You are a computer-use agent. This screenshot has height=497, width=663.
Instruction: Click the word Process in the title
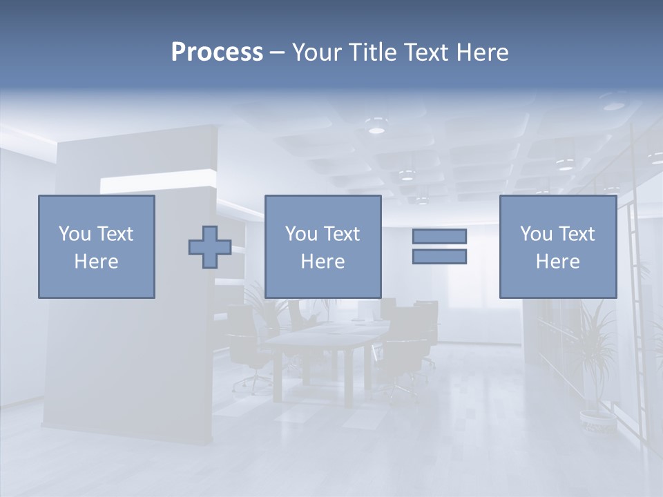pyautogui.click(x=217, y=52)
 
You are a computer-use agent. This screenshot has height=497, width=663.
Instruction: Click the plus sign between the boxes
pyautogui.click(x=210, y=247)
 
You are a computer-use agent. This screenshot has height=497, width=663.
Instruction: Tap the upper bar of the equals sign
pyautogui.click(x=439, y=236)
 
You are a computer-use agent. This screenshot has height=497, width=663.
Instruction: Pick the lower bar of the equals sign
pyautogui.click(x=439, y=257)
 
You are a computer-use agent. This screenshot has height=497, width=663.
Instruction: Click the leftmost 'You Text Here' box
pyautogui.click(x=97, y=247)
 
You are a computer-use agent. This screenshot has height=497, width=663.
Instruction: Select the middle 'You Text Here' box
pyautogui.click(x=323, y=247)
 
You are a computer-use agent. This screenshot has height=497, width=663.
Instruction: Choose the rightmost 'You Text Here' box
pyautogui.click(x=557, y=247)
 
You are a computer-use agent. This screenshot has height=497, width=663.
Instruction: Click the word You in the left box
pyautogui.click(x=73, y=234)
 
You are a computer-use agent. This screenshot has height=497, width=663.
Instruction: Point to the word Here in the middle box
pyautogui.click(x=323, y=262)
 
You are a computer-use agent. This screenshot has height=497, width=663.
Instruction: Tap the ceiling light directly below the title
pyautogui.click(x=376, y=128)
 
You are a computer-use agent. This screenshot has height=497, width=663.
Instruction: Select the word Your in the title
pyautogui.click(x=316, y=52)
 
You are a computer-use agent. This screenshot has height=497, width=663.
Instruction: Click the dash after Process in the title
pyautogui.click(x=278, y=52)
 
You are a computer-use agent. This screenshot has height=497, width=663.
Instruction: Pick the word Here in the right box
pyautogui.click(x=557, y=262)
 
